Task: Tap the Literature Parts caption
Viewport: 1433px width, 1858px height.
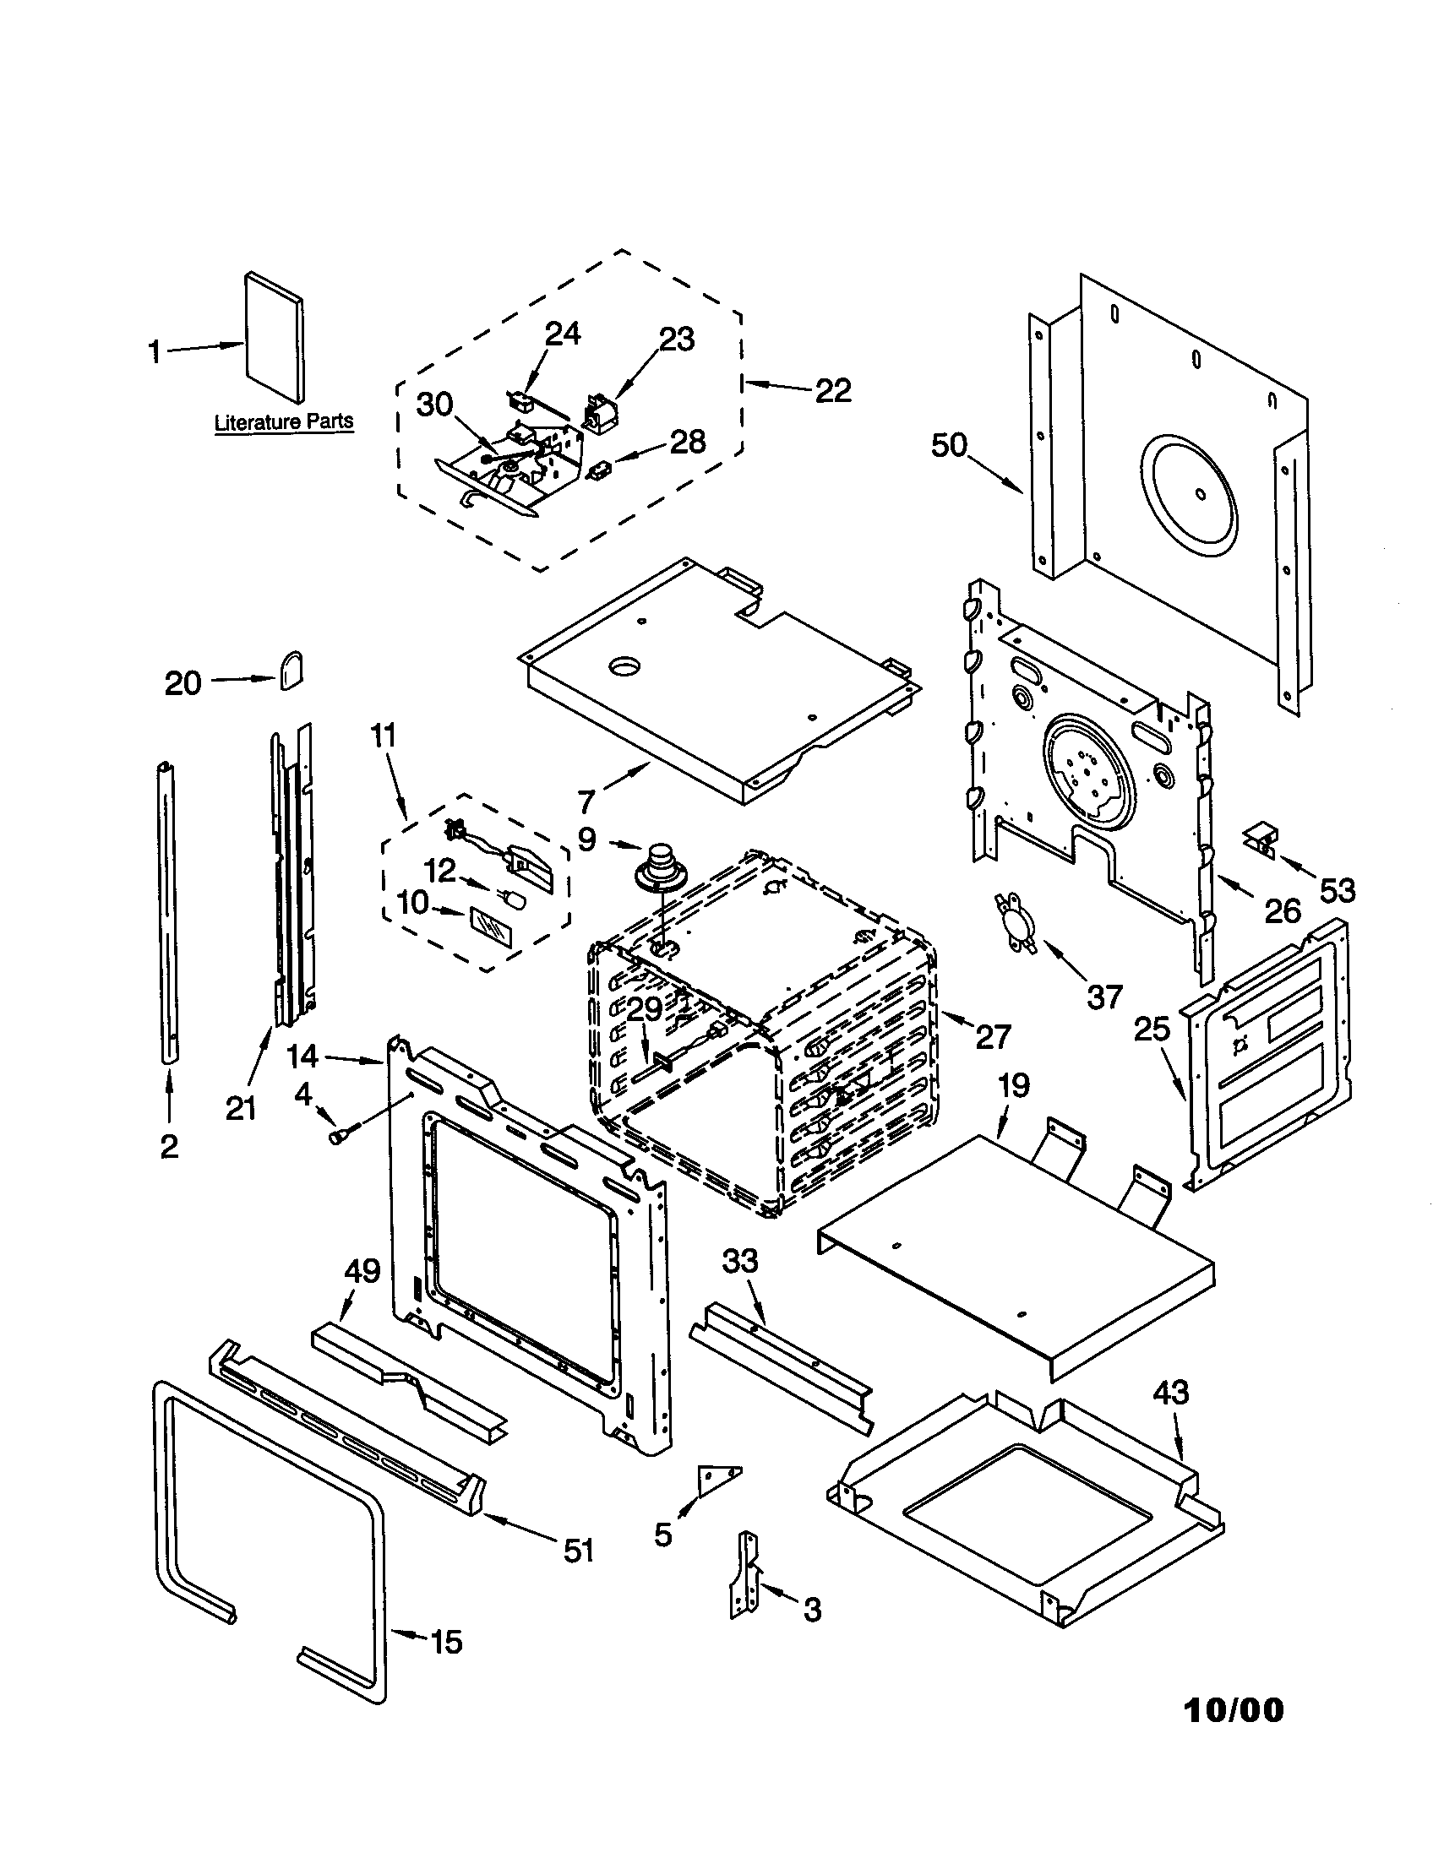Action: [283, 422]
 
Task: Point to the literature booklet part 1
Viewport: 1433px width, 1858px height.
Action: [274, 338]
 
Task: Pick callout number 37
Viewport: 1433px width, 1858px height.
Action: [1104, 997]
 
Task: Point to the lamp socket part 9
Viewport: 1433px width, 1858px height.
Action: [656, 868]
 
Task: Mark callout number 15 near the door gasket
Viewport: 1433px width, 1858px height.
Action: [446, 1641]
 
